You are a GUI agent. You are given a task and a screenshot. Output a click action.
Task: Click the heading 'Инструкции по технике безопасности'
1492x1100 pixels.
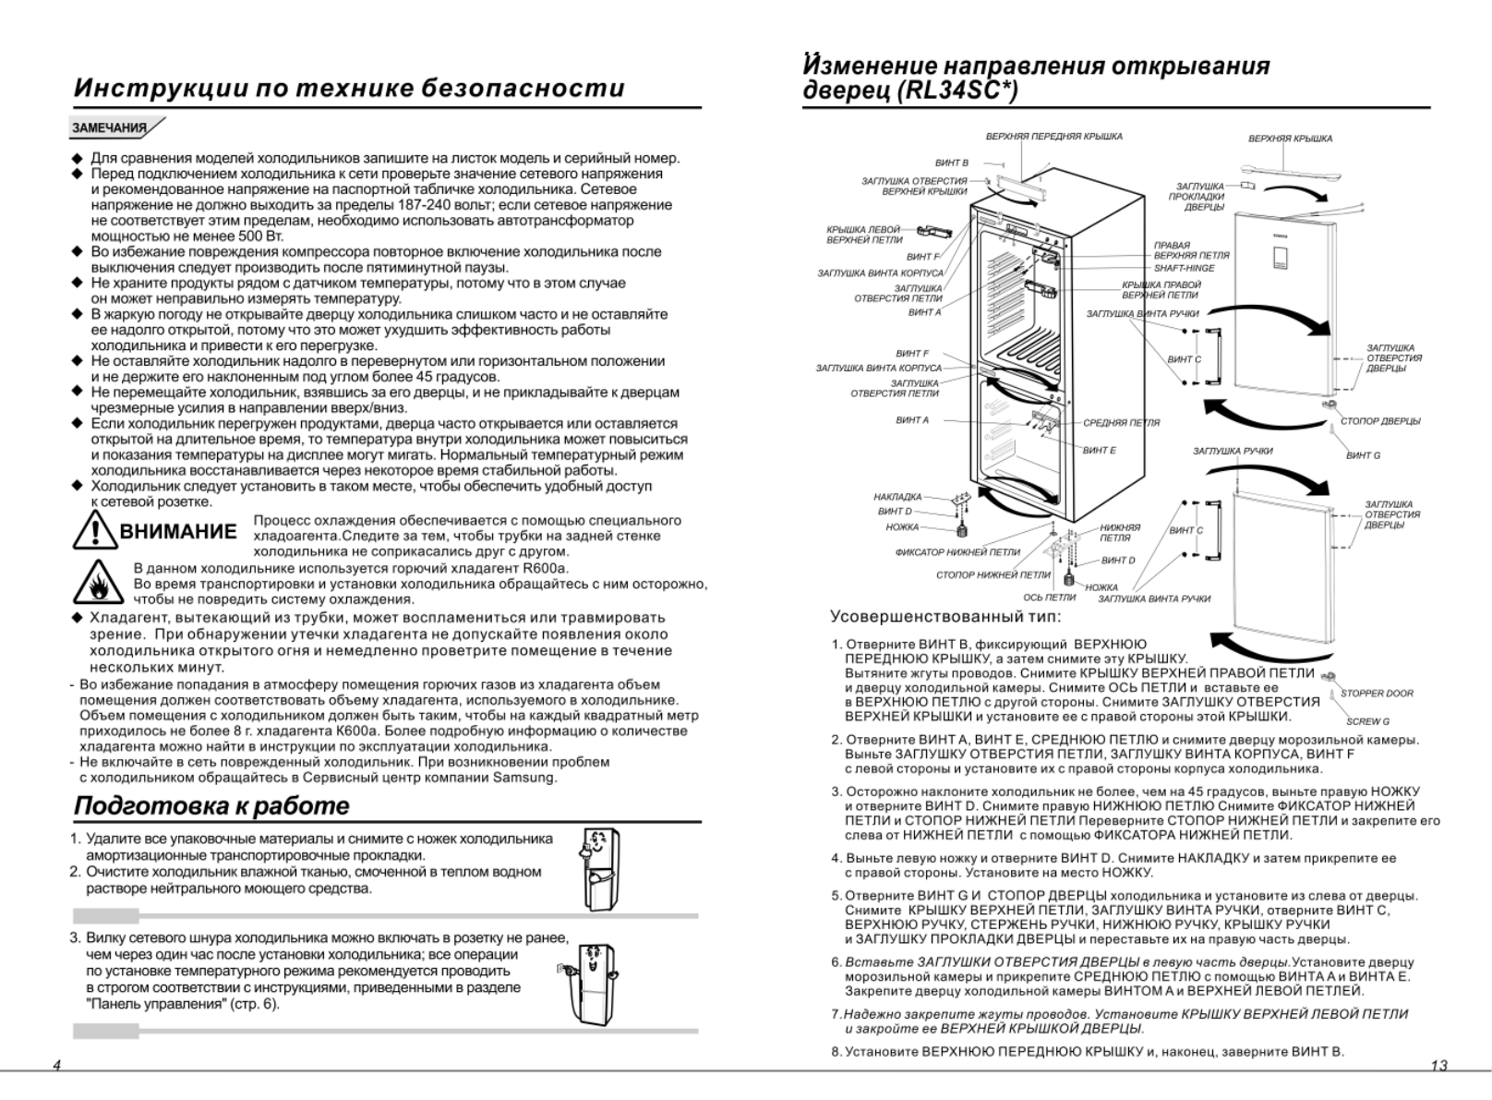(x=349, y=88)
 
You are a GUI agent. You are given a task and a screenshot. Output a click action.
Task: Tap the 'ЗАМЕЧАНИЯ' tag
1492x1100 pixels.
(x=110, y=127)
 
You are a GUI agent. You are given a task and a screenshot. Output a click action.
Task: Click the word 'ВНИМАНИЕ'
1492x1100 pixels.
(x=178, y=532)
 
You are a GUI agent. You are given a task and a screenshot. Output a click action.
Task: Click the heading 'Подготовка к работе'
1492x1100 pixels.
(x=211, y=805)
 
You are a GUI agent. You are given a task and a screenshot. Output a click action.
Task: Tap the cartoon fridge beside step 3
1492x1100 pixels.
(x=588, y=981)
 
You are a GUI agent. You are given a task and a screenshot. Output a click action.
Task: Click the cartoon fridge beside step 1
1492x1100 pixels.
(x=601, y=868)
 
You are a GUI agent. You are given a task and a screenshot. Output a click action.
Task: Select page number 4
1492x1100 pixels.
(x=56, y=1066)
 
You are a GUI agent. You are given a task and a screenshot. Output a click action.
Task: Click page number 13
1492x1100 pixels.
(x=1438, y=1066)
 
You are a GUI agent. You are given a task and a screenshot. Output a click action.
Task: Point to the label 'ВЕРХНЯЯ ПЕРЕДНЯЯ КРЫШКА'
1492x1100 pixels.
(x=1053, y=137)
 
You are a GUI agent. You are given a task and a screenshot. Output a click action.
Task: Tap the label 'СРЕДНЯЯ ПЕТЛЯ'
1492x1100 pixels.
(x=1121, y=422)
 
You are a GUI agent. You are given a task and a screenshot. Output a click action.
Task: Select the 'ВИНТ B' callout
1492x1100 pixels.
(x=952, y=163)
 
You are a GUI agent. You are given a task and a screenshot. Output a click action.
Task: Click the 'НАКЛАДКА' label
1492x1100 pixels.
(x=897, y=497)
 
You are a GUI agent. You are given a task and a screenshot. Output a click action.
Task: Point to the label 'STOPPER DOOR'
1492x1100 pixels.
(x=1377, y=694)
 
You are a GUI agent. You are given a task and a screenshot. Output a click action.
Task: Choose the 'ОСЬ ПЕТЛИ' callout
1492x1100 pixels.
(x=1049, y=598)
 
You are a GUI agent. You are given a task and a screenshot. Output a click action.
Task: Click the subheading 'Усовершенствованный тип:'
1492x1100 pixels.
(x=945, y=617)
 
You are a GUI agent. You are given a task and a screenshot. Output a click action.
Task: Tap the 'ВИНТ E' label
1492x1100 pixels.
(x=1100, y=450)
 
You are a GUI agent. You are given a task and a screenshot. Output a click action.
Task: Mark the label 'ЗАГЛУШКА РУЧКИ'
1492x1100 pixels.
(x=1232, y=451)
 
